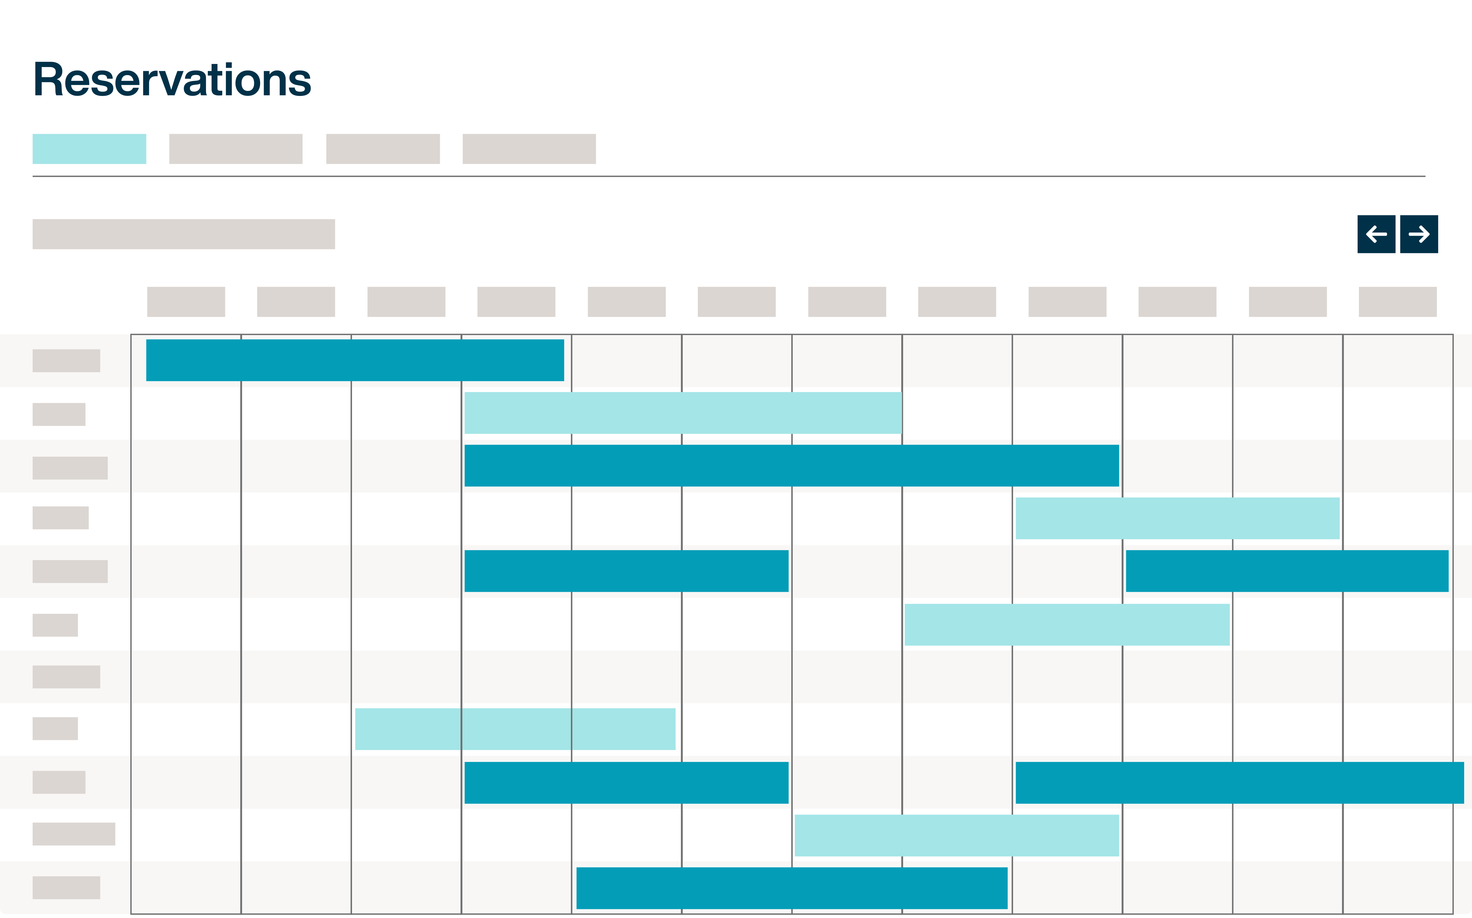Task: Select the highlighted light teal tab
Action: point(89,149)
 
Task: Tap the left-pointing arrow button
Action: point(1376,234)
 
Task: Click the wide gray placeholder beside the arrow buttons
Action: point(183,234)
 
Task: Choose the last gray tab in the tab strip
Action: point(529,149)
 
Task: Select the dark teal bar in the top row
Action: point(355,360)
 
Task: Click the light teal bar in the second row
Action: point(683,413)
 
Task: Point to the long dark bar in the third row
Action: point(791,466)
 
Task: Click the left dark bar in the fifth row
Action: point(626,571)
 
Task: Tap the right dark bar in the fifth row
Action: point(1287,571)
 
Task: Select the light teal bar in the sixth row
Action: point(1067,624)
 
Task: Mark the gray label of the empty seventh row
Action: point(66,677)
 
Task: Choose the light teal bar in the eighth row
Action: point(515,729)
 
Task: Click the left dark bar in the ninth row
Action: point(626,783)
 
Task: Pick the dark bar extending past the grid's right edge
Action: point(1239,783)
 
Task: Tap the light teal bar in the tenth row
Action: point(956,836)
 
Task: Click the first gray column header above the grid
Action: point(186,302)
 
